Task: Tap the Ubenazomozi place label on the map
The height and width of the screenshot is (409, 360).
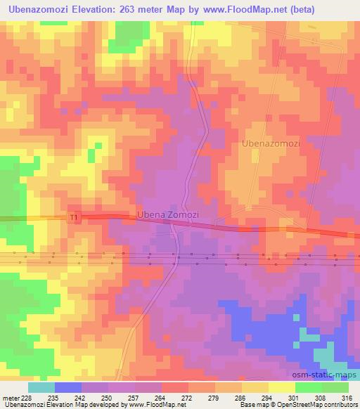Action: (271, 143)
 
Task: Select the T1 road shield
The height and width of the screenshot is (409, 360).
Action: (74, 219)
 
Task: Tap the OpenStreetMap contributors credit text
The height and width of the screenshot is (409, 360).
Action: (316, 405)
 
